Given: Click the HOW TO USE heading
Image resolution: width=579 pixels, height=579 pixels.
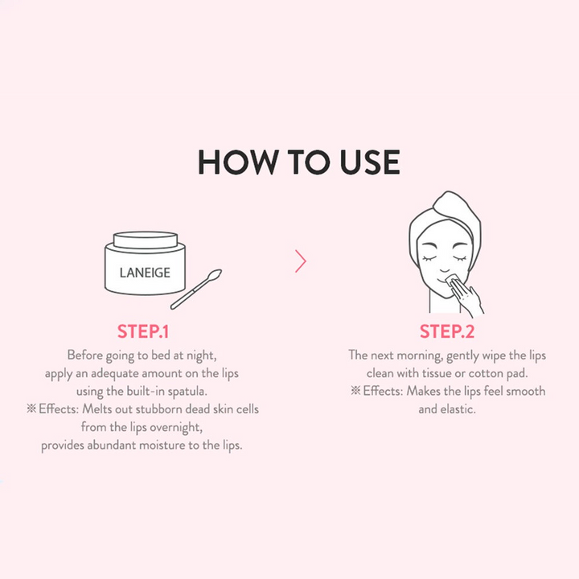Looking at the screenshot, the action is tap(299, 162).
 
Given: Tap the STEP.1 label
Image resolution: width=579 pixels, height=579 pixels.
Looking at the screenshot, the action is tap(143, 331).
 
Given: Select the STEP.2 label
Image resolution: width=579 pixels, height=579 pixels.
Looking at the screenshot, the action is tap(447, 331).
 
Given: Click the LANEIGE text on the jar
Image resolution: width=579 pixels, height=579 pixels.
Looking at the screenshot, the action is tap(145, 273).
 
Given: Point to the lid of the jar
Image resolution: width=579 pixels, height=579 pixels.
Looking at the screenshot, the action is tap(146, 240).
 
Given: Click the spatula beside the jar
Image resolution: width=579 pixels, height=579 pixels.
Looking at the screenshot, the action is tap(196, 289).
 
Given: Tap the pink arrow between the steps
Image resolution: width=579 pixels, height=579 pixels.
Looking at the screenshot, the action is tap(301, 261).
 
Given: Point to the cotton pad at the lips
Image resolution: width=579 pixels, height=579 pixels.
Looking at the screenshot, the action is tap(453, 280).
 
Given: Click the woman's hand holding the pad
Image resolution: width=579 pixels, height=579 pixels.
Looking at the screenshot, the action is tap(467, 298).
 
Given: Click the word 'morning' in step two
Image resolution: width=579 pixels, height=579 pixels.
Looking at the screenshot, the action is tap(420, 356).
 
